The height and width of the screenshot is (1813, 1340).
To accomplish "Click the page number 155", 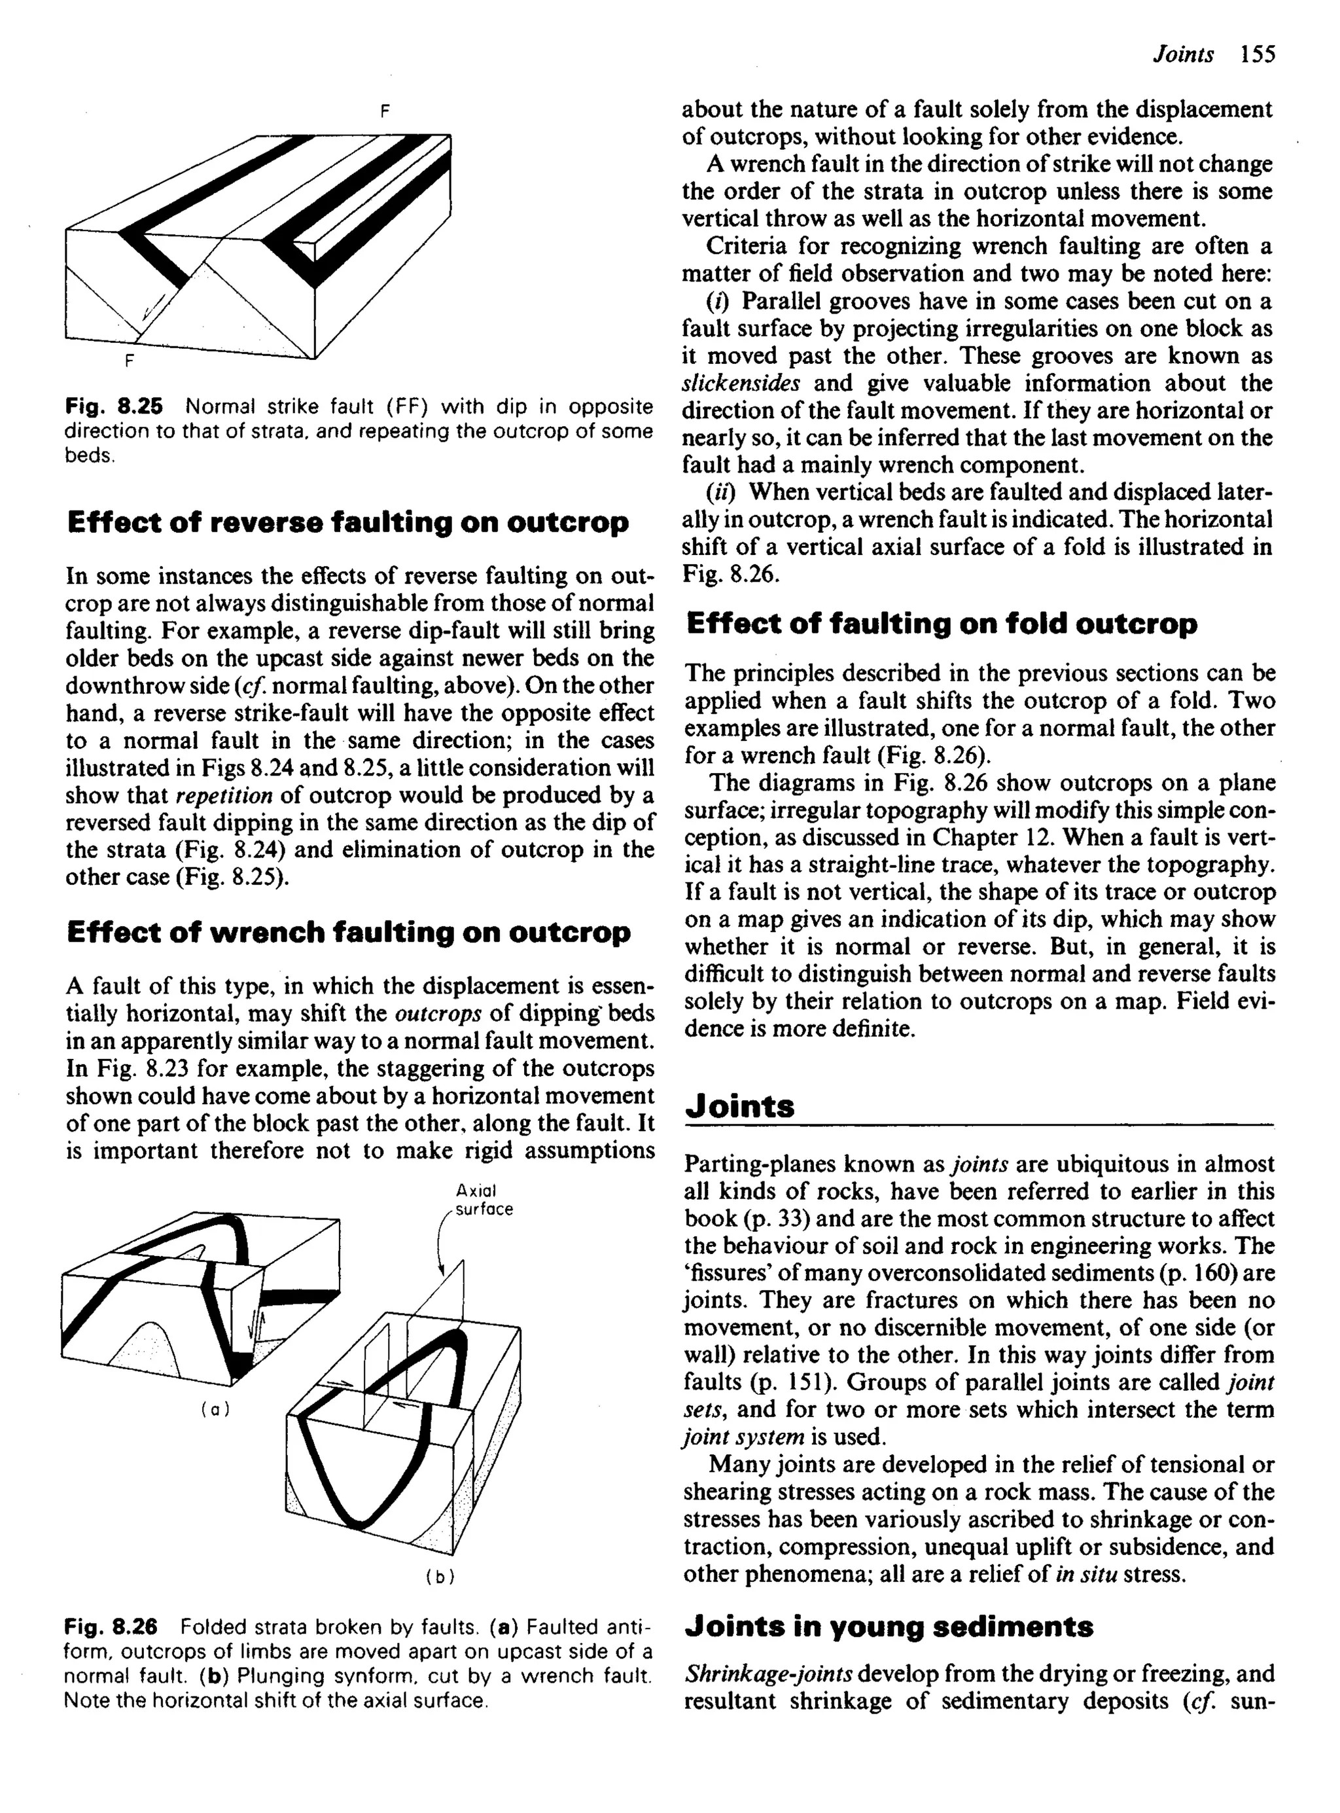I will tap(1258, 54).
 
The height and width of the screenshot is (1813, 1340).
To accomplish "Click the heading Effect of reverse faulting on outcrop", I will tap(347, 522).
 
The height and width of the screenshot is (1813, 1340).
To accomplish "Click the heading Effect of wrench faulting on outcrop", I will tap(348, 932).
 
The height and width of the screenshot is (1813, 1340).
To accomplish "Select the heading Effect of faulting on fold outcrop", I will tap(941, 623).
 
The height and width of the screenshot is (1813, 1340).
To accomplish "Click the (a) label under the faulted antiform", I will tap(215, 1409).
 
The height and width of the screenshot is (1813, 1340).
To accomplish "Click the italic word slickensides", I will tap(741, 383).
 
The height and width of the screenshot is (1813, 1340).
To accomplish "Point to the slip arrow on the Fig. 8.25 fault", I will tap(152, 306).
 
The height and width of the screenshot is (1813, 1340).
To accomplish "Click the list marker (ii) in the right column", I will tap(720, 492).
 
